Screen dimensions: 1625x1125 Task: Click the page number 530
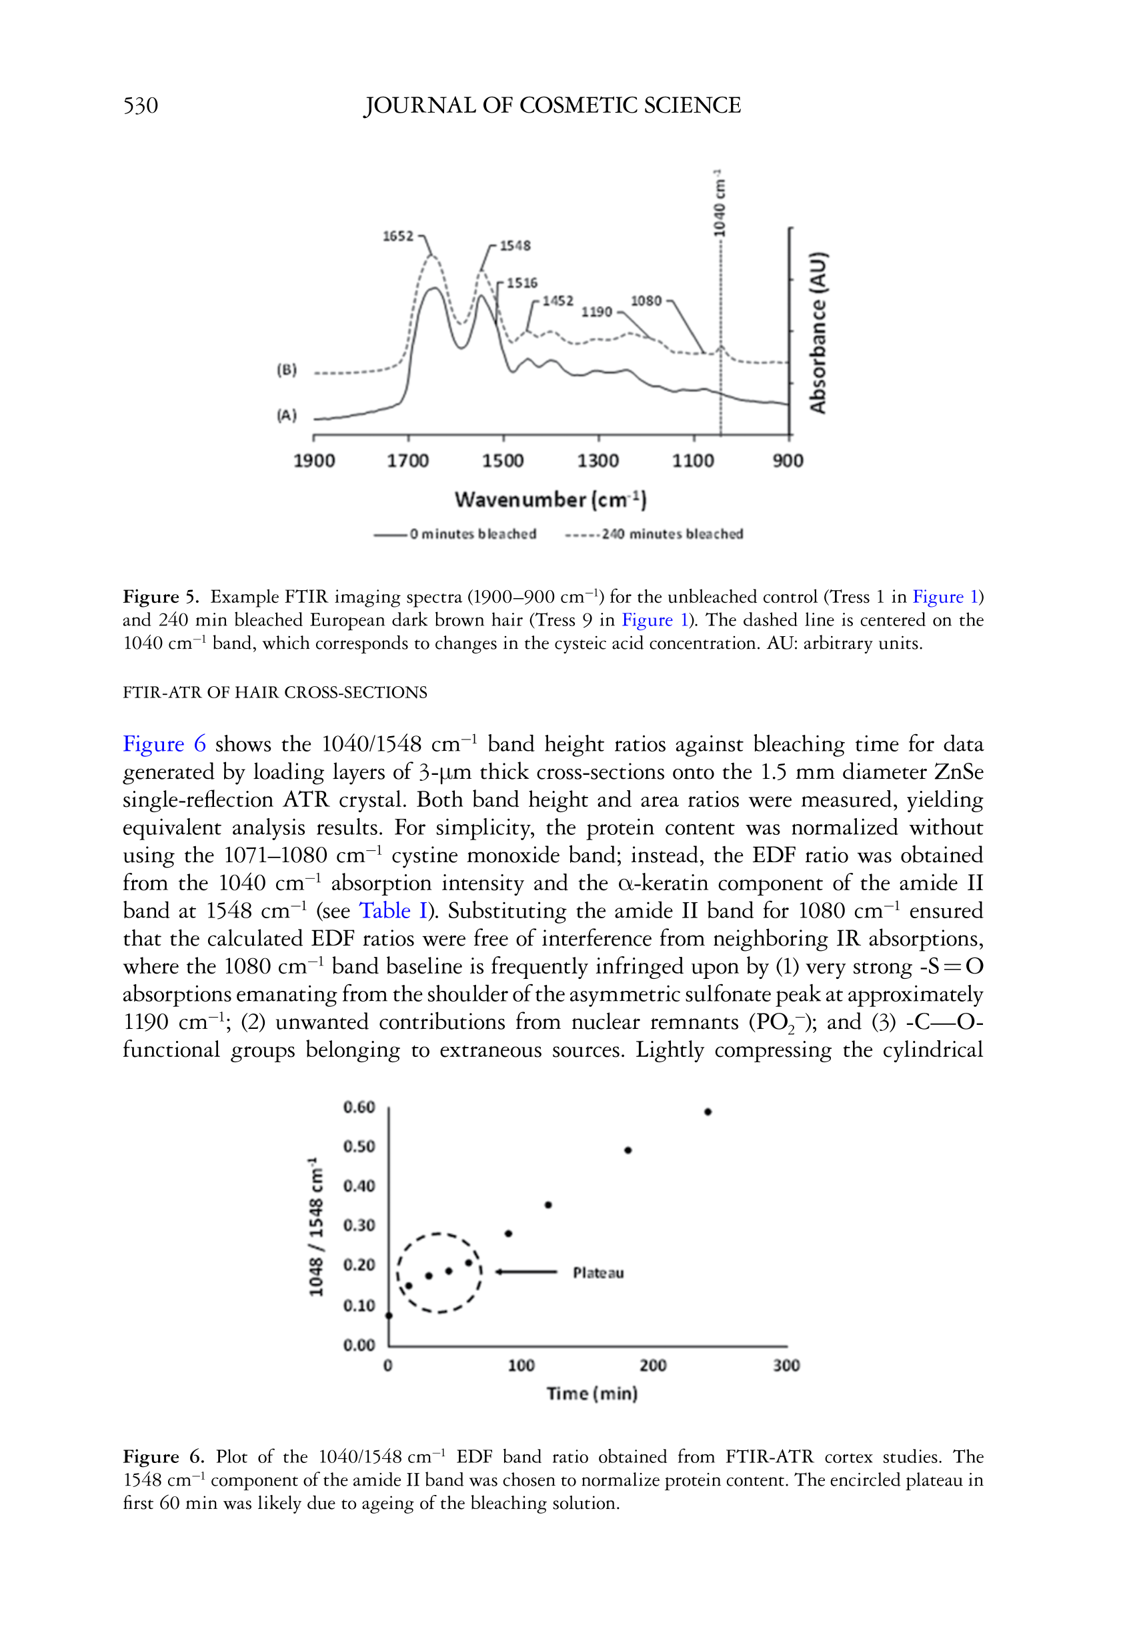[x=140, y=106]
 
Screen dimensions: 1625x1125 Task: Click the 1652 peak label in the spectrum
[x=397, y=236]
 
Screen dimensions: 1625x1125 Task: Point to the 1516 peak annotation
[x=521, y=283]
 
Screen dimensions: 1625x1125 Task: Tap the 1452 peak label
[x=557, y=301]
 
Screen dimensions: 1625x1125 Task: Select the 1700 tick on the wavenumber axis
[x=407, y=461]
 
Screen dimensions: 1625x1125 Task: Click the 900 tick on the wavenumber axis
[x=788, y=461]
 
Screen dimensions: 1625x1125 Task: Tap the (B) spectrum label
[x=287, y=370]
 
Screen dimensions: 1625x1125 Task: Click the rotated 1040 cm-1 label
[x=718, y=203]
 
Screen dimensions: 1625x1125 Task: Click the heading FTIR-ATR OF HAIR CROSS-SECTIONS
[x=275, y=693]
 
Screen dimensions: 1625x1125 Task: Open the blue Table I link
[x=393, y=910]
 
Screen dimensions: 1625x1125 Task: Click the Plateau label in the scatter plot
[x=598, y=1273]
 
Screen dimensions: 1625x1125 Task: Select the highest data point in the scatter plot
[x=708, y=1112]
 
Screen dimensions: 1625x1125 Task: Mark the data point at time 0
[x=389, y=1315]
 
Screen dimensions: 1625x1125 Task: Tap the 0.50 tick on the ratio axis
[x=359, y=1146]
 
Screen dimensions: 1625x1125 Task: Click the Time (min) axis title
[x=592, y=1394]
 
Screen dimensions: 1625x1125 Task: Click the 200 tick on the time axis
[x=653, y=1366]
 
